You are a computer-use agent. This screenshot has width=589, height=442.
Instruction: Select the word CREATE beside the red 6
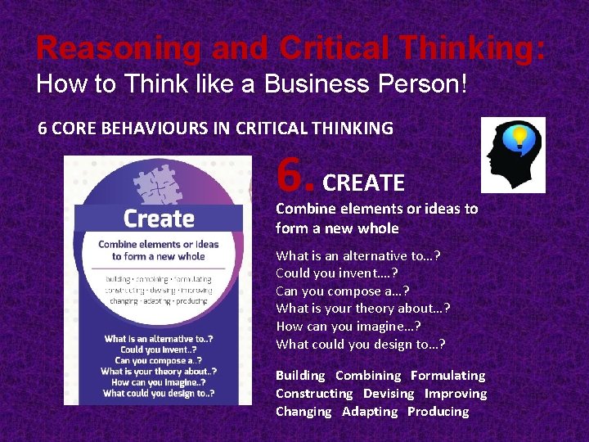[x=364, y=183]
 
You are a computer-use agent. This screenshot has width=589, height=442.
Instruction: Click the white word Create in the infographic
[x=159, y=219]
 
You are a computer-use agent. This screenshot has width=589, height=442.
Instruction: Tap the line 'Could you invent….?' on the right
[x=337, y=273]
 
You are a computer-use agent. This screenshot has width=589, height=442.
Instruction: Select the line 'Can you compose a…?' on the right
[x=343, y=291]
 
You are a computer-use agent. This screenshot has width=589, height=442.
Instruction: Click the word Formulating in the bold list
[x=447, y=376]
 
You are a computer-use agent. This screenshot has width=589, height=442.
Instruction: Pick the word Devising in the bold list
[x=389, y=394]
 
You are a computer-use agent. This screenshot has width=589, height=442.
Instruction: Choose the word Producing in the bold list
[x=438, y=412]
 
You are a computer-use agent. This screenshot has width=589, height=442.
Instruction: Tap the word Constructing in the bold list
[x=314, y=394]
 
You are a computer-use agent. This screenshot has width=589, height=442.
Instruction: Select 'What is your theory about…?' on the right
[x=363, y=309]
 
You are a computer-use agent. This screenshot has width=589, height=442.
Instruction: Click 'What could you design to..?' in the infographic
[x=160, y=394]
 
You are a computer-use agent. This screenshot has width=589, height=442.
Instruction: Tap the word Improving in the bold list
[x=455, y=394]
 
